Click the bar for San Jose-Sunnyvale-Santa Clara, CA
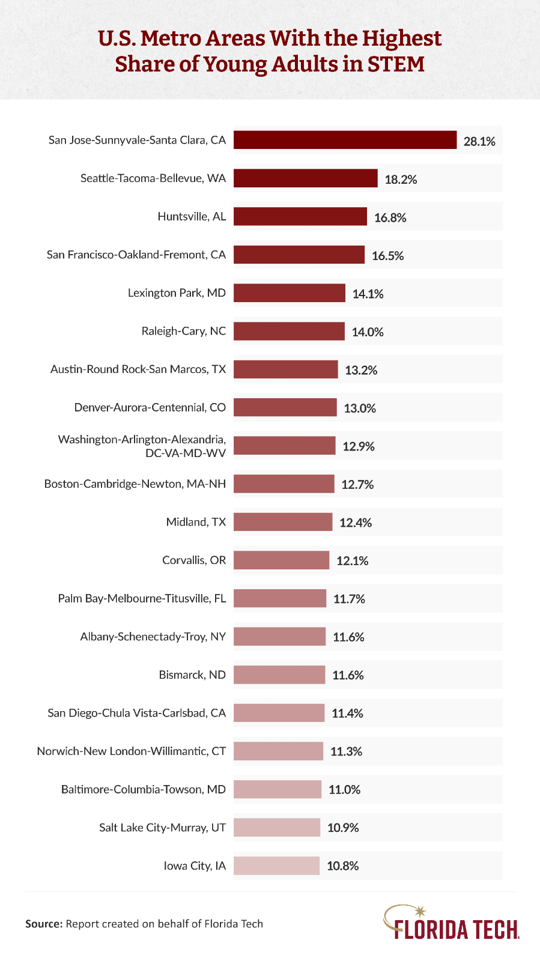(345, 140)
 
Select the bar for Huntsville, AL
(300, 216)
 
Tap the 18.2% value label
(401, 180)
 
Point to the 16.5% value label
(387, 256)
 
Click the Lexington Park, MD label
(177, 293)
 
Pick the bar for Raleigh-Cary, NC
(289, 331)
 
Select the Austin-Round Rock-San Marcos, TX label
(138, 369)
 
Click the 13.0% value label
(360, 408)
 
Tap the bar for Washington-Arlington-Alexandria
(284, 446)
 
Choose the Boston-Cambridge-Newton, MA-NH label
(135, 484)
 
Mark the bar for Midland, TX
(283, 522)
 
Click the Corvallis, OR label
(194, 560)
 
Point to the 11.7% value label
(349, 599)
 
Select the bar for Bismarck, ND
(279, 675)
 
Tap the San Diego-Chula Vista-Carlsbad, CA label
(137, 713)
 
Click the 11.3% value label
(346, 751)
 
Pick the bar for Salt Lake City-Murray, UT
(276, 827)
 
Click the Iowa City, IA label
(195, 866)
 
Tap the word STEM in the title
(395, 64)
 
